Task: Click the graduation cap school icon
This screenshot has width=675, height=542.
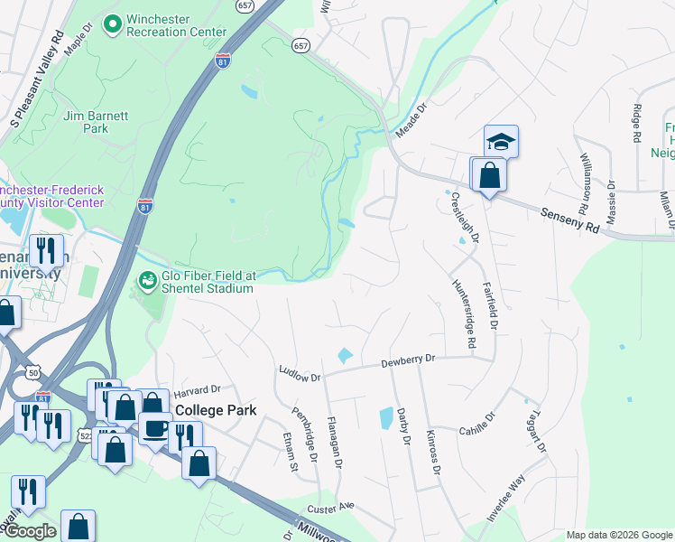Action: pyautogui.click(x=501, y=141)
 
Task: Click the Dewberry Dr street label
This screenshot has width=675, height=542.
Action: pyautogui.click(x=407, y=360)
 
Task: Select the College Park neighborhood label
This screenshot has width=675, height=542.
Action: pyautogui.click(x=216, y=410)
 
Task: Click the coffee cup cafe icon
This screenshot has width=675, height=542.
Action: pyautogui.click(x=155, y=427)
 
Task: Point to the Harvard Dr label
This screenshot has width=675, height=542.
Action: pyautogui.click(x=197, y=389)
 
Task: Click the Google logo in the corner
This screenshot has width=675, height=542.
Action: pyautogui.click(x=30, y=531)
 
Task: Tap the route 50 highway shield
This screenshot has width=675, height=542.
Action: pyautogui.click(x=33, y=371)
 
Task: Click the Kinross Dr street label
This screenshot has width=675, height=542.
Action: pyautogui.click(x=434, y=452)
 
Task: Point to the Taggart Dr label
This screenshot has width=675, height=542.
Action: pyautogui.click(x=533, y=428)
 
